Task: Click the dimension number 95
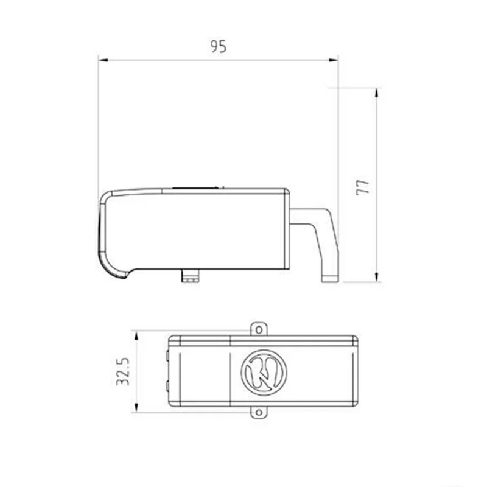pyautogui.click(x=218, y=47)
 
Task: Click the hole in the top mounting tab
pyautogui.click(x=259, y=329)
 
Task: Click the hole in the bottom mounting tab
pyautogui.click(x=259, y=413)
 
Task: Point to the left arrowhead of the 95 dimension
pyautogui.click(x=103, y=59)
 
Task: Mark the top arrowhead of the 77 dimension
pyautogui.click(x=377, y=93)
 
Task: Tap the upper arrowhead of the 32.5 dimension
pyautogui.click(x=136, y=336)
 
